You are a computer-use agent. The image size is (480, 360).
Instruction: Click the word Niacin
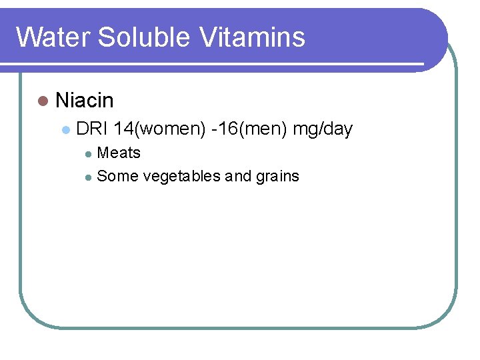click(x=85, y=101)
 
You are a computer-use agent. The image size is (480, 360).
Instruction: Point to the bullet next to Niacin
click(x=43, y=101)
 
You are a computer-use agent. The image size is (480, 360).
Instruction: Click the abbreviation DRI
click(x=93, y=129)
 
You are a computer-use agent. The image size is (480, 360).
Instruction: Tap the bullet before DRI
click(x=65, y=129)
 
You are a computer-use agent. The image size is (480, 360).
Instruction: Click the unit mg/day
click(x=323, y=129)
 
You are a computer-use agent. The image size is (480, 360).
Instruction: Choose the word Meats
click(x=119, y=153)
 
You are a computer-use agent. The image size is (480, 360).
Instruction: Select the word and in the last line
click(x=238, y=176)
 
